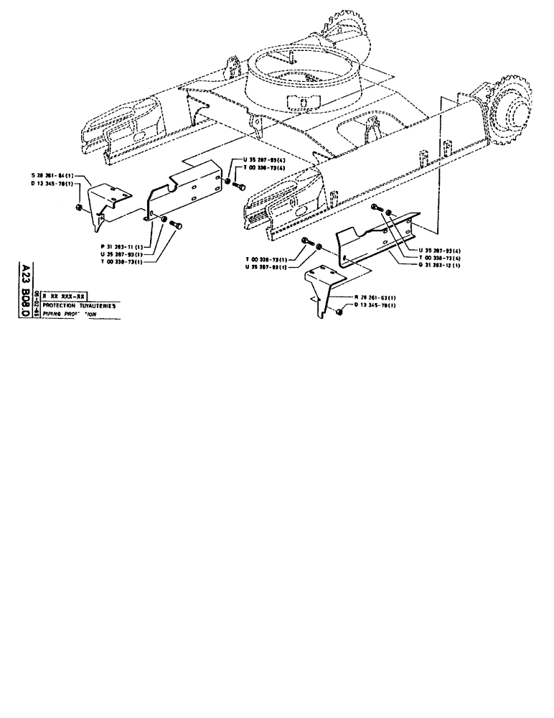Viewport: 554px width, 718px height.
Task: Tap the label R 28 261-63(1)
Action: coord(376,297)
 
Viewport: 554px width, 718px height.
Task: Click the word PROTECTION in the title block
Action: coord(61,304)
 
